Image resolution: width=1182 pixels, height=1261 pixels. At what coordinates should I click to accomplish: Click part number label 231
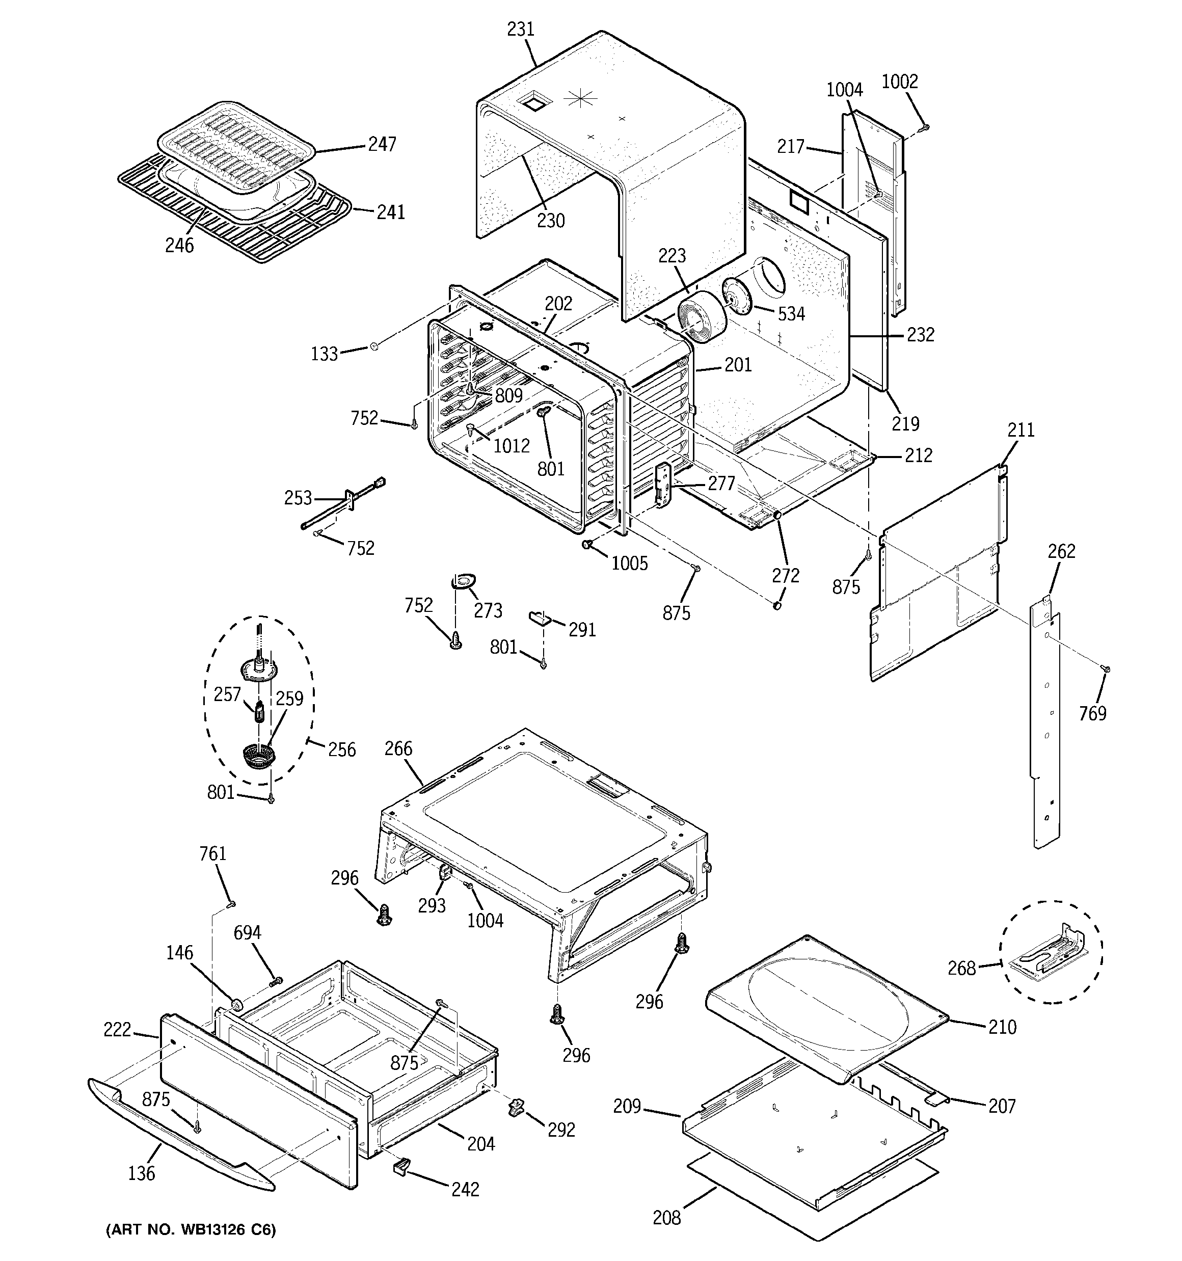[x=521, y=29]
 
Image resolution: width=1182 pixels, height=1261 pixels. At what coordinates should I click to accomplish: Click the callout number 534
[x=791, y=313]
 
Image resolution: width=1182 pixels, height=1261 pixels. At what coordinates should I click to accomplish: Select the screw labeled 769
[x=1107, y=668]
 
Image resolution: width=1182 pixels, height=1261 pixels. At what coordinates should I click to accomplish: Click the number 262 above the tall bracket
[x=1061, y=551]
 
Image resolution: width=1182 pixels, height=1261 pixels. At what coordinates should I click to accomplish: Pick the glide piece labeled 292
[x=516, y=1109]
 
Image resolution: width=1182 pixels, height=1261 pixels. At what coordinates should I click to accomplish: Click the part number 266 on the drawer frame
[x=398, y=748]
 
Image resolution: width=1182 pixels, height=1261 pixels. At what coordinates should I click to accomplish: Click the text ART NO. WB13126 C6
[x=191, y=1230]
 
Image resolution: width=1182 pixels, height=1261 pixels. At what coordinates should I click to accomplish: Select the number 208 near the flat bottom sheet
[x=666, y=1217]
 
